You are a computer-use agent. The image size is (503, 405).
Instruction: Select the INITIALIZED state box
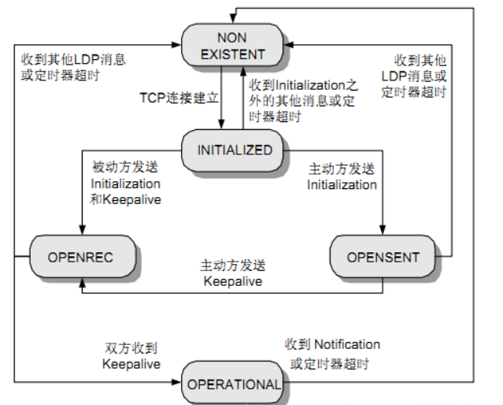click(x=234, y=150)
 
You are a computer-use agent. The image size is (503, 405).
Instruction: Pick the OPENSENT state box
click(x=383, y=256)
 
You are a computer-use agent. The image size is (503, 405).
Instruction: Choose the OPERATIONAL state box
click(x=234, y=385)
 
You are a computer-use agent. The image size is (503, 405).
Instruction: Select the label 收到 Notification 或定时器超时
click(x=335, y=354)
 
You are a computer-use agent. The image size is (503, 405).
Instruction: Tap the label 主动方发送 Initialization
click(x=342, y=177)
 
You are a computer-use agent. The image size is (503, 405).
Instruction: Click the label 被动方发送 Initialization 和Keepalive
click(x=127, y=183)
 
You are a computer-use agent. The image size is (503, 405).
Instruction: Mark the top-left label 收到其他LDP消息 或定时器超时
click(x=72, y=67)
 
